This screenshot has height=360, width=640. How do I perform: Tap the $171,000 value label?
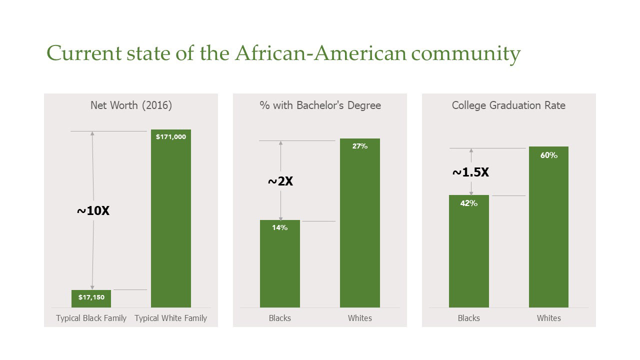(x=171, y=136)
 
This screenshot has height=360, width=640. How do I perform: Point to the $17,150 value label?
(x=91, y=297)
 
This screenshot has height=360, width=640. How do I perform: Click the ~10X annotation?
(x=93, y=211)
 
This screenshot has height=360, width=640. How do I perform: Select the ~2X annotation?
(x=280, y=181)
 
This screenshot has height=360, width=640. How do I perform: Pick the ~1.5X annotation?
(x=470, y=172)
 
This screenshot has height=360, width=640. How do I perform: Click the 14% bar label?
(x=280, y=227)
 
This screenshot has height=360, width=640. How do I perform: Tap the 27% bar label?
(x=360, y=146)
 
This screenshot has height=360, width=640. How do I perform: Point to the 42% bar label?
(x=469, y=203)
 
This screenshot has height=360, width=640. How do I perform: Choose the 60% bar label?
(x=548, y=155)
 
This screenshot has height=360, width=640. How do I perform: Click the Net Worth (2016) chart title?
(x=131, y=105)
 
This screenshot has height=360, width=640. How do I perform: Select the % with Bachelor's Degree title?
(x=320, y=105)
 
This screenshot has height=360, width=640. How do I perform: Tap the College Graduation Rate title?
(x=508, y=105)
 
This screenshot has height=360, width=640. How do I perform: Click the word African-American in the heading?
(x=320, y=53)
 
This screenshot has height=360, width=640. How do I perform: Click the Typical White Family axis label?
(x=171, y=318)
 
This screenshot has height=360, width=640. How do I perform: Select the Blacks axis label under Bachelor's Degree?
(x=280, y=318)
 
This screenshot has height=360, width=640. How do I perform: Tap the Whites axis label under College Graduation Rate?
(x=549, y=318)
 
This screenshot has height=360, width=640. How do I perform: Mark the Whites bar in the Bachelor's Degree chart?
(x=360, y=225)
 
